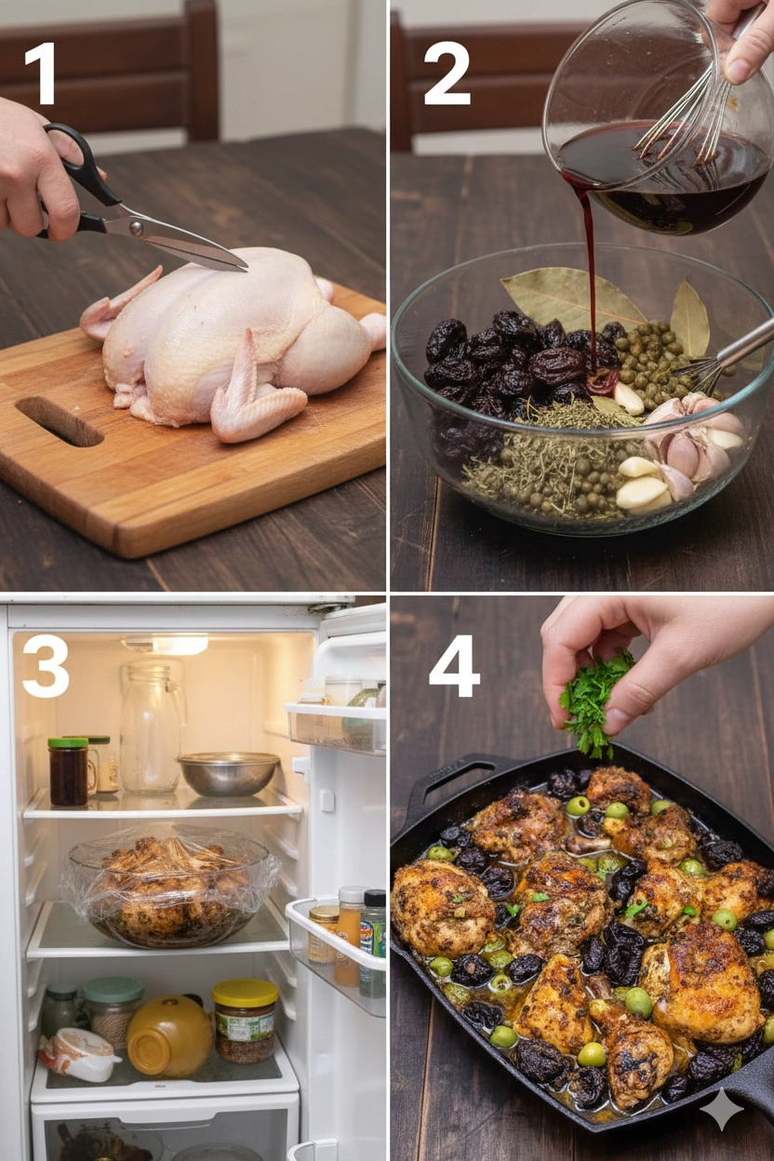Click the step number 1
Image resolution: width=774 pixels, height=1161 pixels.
40,73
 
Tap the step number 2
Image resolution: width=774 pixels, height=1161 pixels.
447,73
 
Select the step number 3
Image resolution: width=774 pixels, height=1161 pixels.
45,665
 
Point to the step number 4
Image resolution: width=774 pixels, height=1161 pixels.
454,666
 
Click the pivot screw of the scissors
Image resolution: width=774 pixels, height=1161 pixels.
137,226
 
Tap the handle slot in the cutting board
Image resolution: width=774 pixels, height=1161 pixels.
59,420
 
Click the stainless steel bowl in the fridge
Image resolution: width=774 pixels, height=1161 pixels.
229,773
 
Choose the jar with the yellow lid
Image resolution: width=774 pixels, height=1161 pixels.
245,1020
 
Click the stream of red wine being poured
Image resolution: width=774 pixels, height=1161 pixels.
588,274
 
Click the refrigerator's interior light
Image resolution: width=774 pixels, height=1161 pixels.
166,645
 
